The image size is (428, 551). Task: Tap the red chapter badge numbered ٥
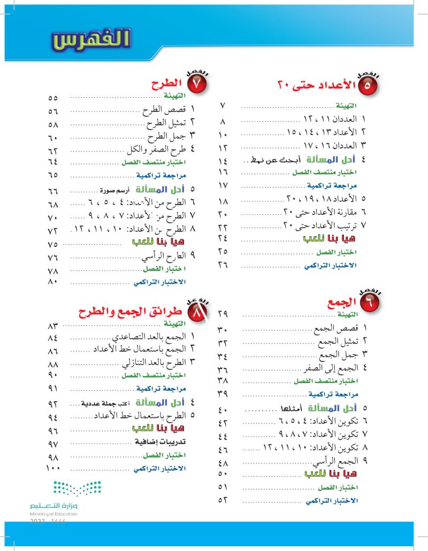[x=367, y=84]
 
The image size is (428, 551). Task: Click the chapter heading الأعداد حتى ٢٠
[x=316, y=84]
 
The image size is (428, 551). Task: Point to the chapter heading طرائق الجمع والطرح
[x=131, y=311]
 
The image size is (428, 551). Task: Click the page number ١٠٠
[x=53, y=469]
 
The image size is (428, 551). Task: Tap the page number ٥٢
[x=223, y=500]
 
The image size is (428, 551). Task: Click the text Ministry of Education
[x=54, y=514]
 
